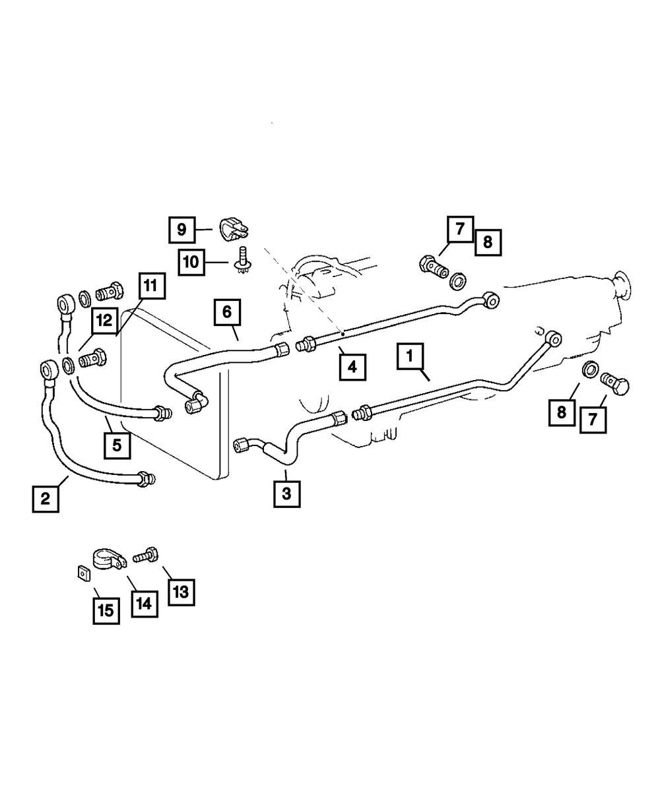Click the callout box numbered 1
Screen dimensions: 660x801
point(409,356)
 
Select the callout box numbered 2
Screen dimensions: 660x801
point(46,499)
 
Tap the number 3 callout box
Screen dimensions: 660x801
point(286,494)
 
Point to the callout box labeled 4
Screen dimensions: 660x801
point(352,367)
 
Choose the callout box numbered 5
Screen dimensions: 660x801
point(117,445)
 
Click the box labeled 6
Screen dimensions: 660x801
point(227,312)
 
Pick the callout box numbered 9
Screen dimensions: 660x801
point(182,230)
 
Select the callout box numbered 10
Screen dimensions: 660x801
point(191,263)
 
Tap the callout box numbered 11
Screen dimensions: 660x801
point(152,286)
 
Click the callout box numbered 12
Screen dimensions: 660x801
point(104,320)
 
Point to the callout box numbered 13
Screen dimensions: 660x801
point(181,593)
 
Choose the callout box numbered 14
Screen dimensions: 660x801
point(145,604)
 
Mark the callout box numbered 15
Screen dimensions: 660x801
point(106,611)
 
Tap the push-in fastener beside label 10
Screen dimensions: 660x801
point(242,260)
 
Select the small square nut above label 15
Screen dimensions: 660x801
point(84,574)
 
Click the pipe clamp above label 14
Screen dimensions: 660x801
point(110,560)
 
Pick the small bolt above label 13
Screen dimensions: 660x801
point(145,555)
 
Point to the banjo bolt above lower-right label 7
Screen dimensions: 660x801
point(614,383)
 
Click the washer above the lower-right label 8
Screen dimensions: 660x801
point(590,369)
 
